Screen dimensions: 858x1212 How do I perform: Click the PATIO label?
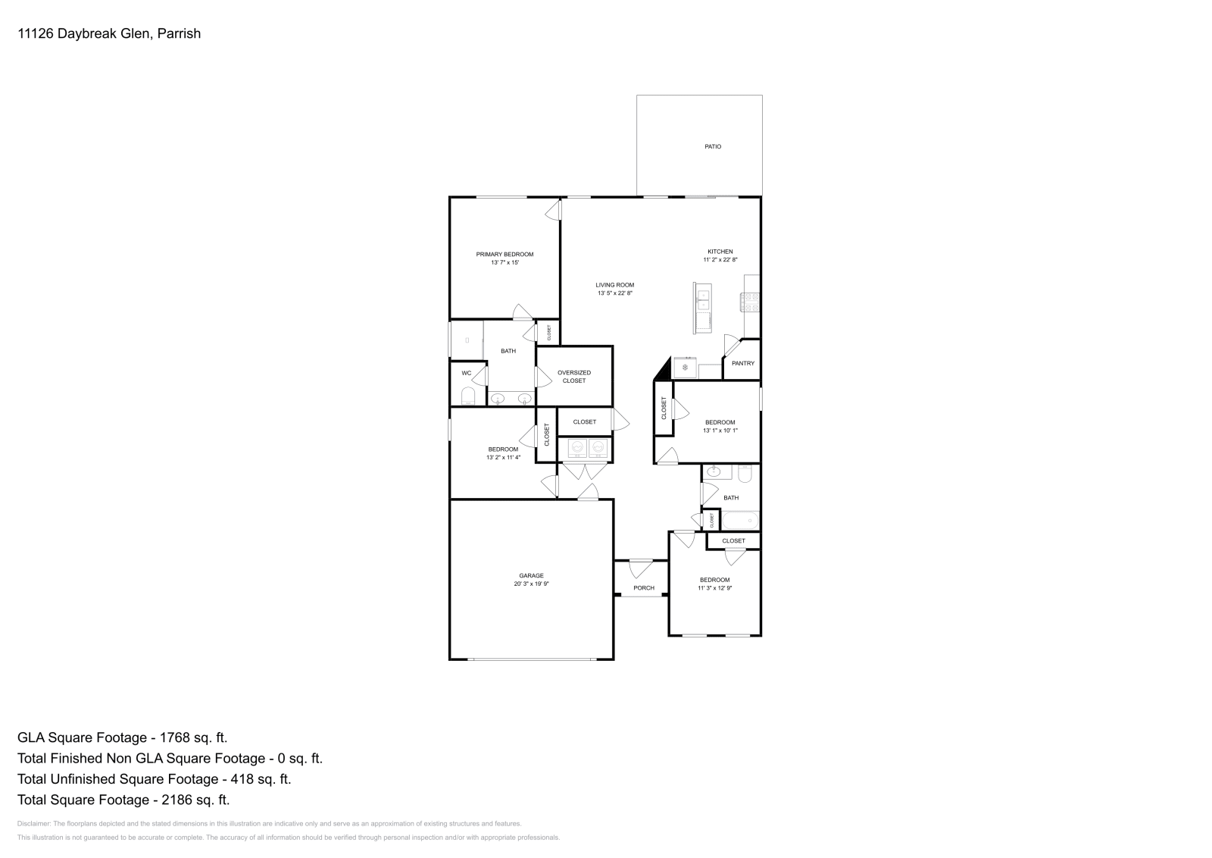tap(713, 146)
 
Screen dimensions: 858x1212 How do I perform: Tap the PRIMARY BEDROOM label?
tap(504, 255)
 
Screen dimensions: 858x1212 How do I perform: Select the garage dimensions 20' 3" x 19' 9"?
tap(531, 584)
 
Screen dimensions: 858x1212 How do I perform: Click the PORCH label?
tap(644, 588)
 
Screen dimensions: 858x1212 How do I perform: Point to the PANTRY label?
tap(743, 363)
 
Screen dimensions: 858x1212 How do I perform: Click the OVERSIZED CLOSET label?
tap(574, 377)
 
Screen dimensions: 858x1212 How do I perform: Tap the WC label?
tap(467, 373)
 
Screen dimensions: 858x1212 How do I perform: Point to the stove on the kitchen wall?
tap(751, 302)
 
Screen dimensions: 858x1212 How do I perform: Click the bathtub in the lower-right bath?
tap(740, 521)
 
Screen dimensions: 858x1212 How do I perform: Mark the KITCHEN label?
tap(720, 252)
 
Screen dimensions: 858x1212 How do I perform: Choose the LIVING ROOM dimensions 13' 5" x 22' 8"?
tap(614, 293)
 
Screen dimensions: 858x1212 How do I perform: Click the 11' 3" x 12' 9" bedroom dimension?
tap(714, 588)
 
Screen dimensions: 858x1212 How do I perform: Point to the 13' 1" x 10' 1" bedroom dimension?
tap(720, 431)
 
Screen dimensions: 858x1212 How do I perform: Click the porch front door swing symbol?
tap(641, 567)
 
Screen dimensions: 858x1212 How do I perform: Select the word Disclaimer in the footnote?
tap(33, 823)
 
